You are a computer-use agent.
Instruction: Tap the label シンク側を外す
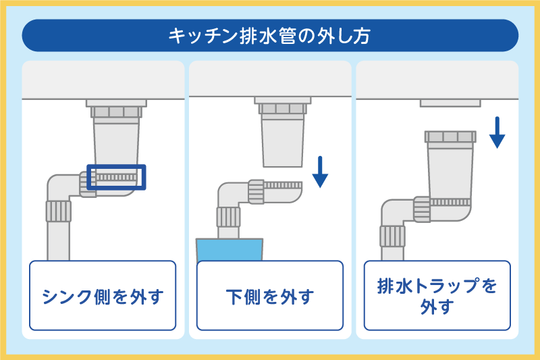click(x=103, y=296)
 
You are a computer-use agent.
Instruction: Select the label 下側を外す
click(x=270, y=296)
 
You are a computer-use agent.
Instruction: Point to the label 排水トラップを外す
click(x=437, y=296)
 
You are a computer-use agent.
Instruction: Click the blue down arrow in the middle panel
click(x=320, y=172)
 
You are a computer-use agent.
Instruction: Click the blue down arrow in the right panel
click(x=497, y=132)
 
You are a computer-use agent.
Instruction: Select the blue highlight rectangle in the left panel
click(x=116, y=177)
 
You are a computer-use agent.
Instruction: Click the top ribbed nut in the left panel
click(x=116, y=111)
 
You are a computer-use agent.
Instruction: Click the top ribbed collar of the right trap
click(x=450, y=138)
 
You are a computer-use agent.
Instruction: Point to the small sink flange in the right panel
click(x=450, y=103)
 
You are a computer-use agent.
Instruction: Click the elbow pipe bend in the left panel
click(x=59, y=186)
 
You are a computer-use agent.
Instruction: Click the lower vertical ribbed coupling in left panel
click(x=58, y=211)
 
